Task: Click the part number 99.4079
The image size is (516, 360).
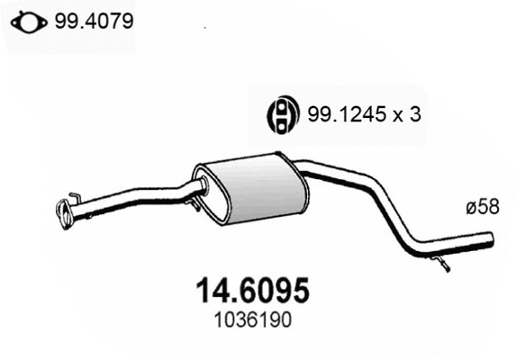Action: tap(94, 19)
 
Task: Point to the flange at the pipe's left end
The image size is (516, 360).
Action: tap(65, 214)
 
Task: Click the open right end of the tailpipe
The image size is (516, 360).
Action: tap(493, 240)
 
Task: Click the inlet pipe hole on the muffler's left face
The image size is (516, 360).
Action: tap(202, 186)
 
